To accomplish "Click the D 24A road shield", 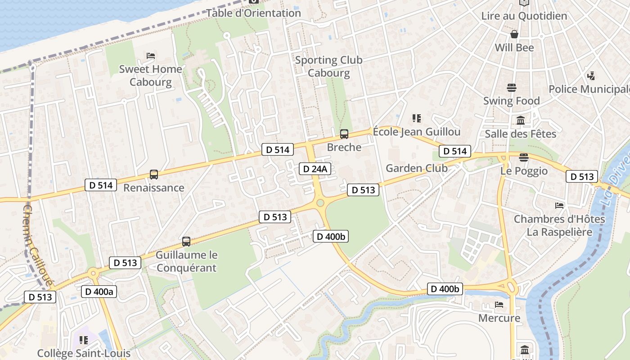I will click(315, 169).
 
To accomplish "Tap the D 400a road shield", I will click(99, 292).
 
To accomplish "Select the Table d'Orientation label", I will click(253, 13).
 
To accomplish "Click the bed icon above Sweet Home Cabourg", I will click(151, 56).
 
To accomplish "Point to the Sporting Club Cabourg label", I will click(328, 67).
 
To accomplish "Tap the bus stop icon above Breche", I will click(344, 134).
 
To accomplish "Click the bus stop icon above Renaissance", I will click(154, 175).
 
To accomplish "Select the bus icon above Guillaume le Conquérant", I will click(186, 242).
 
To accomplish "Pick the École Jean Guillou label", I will click(417, 132).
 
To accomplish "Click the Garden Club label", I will click(417, 168).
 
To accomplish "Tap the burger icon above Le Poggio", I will click(523, 157).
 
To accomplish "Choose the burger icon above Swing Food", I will click(511, 87).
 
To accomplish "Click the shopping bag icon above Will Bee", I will click(514, 34).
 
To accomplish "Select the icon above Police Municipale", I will click(591, 76).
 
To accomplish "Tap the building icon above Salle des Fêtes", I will click(521, 120).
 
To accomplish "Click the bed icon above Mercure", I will click(499, 305).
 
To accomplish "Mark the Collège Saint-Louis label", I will click(84, 353).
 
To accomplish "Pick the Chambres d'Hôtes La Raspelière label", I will click(559, 226).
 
